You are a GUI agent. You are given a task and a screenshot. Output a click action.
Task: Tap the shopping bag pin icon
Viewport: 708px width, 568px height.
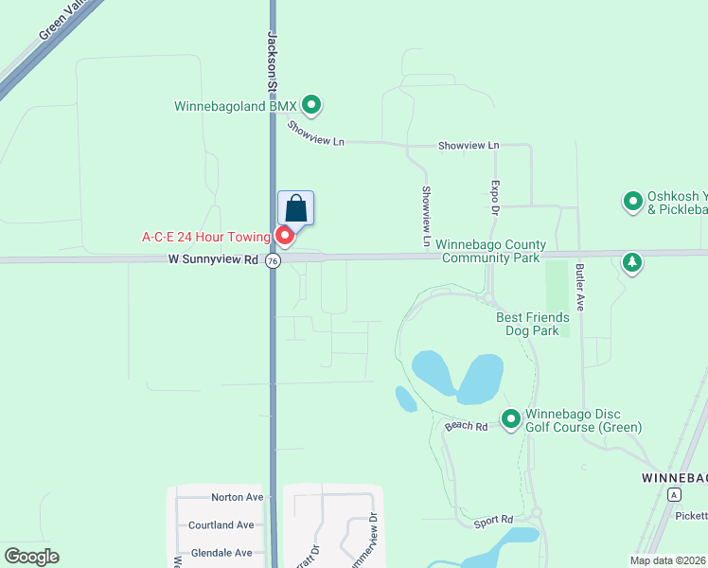(x=295, y=207)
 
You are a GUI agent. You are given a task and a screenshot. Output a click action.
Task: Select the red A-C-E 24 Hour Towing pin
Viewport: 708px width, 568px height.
(x=284, y=235)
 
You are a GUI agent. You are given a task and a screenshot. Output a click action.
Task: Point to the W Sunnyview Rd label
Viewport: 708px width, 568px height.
(x=213, y=258)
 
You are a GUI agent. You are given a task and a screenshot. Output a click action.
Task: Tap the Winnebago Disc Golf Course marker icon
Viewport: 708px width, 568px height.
(x=511, y=417)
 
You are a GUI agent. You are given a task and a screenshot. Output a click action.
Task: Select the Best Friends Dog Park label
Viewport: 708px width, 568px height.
(x=533, y=325)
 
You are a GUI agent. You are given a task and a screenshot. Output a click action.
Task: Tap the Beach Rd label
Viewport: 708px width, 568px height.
(x=466, y=427)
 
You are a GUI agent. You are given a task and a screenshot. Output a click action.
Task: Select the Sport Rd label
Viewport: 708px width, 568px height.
(x=493, y=520)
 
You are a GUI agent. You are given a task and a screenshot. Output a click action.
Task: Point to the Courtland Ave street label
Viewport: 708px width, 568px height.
(x=221, y=525)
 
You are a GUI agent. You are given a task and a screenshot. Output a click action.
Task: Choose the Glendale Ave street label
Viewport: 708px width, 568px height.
(x=221, y=553)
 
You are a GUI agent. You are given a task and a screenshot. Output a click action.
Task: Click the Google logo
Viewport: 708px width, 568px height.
(x=31, y=557)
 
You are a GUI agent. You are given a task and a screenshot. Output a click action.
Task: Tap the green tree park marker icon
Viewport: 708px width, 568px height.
(x=632, y=262)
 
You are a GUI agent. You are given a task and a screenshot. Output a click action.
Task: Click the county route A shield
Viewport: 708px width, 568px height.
(x=673, y=495)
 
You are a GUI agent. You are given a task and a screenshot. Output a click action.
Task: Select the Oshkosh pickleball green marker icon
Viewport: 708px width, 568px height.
(x=632, y=201)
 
